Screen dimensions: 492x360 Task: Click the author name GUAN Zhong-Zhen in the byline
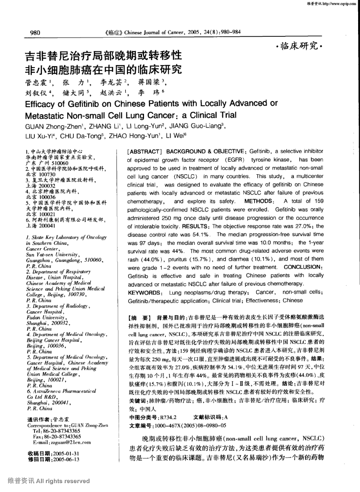[x=49, y=126]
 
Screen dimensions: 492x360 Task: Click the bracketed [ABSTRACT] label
[x=144, y=151]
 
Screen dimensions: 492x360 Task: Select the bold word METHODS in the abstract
[x=258, y=201]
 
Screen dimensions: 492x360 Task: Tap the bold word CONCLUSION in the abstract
[x=302, y=267]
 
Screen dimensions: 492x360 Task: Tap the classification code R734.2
[x=168, y=417]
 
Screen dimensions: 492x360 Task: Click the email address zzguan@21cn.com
[x=68, y=442]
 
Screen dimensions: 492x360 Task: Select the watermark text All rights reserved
[x=63, y=481]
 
